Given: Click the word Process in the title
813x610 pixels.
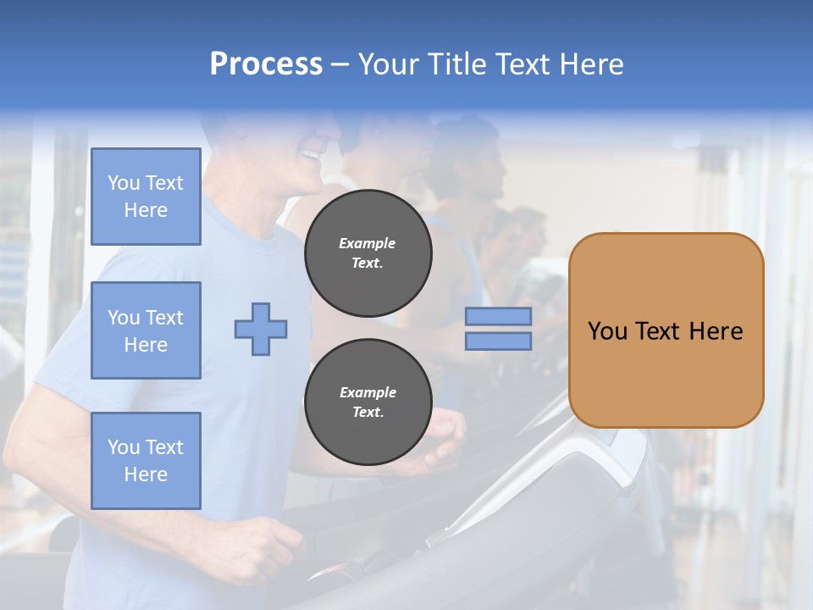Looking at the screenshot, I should (266, 64).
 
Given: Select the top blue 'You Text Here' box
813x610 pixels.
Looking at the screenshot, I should (146, 197).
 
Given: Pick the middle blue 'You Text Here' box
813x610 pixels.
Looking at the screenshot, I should (146, 330).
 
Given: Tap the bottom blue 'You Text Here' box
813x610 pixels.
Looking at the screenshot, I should (146, 460).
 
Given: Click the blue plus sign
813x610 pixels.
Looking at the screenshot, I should (261, 329).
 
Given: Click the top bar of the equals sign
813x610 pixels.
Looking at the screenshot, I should (498, 317).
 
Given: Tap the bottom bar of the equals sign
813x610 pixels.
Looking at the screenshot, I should (498, 341).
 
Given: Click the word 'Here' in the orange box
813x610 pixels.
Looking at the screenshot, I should (716, 331).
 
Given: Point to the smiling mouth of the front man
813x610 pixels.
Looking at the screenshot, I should (311, 156).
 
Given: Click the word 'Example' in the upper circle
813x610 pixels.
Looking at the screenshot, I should (368, 243).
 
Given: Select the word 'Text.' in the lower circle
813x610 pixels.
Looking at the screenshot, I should (368, 413).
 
